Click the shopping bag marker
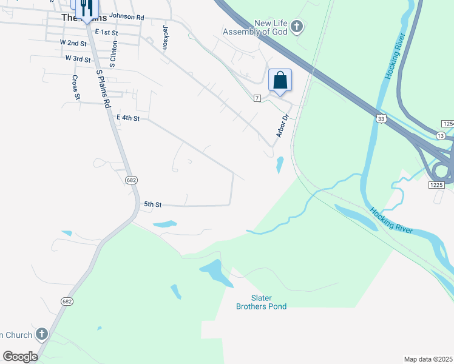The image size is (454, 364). [x=280, y=81]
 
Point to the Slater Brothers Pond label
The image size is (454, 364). [x=261, y=302]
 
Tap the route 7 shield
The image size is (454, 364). [x=257, y=98]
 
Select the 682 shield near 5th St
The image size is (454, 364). [x=132, y=180]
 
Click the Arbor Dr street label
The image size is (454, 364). [x=282, y=126]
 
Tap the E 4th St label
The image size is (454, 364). [x=128, y=118]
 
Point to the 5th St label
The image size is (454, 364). [x=152, y=205]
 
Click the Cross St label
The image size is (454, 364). [x=76, y=87]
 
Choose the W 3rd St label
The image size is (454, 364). [x=78, y=59]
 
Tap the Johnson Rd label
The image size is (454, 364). [x=127, y=18]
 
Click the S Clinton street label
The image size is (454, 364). [x=112, y=54]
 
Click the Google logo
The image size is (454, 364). [x=20, y=357]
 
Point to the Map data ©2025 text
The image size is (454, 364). [x=428, y=359]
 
